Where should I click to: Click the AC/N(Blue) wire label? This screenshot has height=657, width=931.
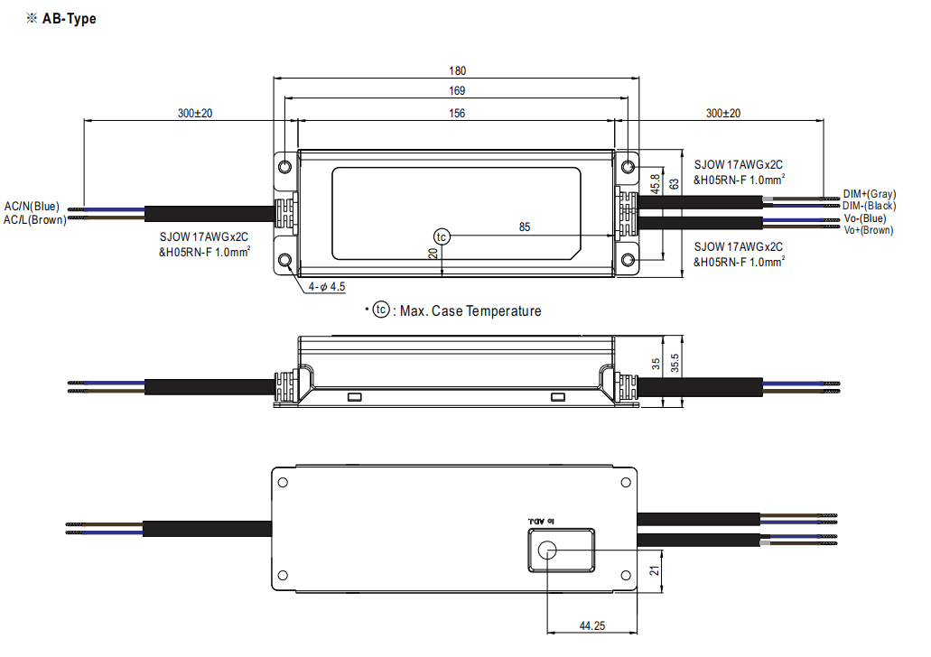[x=32, y=207]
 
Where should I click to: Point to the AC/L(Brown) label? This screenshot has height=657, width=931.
[x=34, y=219]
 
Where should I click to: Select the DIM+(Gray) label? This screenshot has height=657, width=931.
[x=869, y=194]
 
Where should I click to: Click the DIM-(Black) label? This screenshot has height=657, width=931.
[x=869, y=206]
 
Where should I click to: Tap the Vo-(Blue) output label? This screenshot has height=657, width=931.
[x=865, y=218]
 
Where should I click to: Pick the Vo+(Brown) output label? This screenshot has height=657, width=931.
[x=868, y=230]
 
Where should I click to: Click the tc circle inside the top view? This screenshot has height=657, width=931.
[x=441, y=236]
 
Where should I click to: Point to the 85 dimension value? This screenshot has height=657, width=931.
[x=525, y=227]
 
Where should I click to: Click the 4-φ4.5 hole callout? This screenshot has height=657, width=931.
[x=327, y=286]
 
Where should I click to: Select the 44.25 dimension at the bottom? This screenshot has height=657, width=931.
[x=592, y=626]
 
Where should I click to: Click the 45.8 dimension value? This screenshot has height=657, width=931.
[x=653, y=181]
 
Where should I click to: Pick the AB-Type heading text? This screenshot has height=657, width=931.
[x=69, y=19]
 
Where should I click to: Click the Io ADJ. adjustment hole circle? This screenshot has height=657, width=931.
[x=548, y=551]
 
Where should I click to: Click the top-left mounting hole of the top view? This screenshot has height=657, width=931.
[x=286, y=166]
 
